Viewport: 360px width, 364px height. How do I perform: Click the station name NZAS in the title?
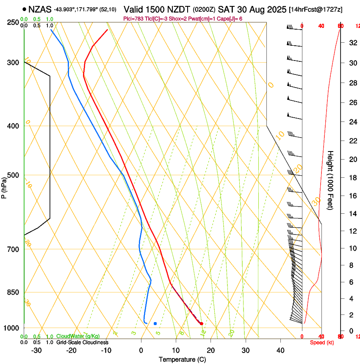point(40,8)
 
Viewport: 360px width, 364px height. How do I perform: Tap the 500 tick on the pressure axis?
point(13,175)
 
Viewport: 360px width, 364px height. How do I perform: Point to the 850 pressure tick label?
point(13,292)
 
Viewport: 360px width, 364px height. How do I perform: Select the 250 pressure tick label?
point(13,22)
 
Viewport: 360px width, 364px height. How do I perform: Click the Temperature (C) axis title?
point(182,359)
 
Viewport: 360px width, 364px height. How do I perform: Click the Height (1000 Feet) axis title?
point(330,180)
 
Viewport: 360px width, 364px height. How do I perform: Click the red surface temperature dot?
point(201,323)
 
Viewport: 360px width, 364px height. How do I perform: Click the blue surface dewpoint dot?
point(155,323)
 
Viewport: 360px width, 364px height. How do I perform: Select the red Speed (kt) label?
point(322,342)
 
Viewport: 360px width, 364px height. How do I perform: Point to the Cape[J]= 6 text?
point(229,19)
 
